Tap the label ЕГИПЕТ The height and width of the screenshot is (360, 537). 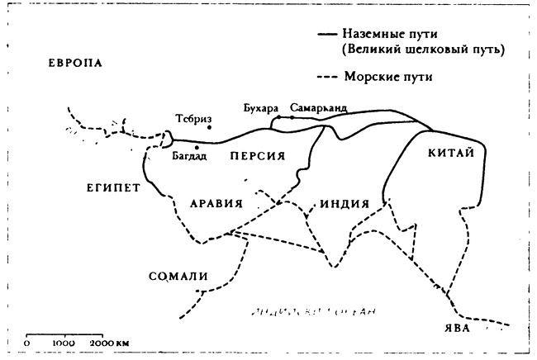(109, 187)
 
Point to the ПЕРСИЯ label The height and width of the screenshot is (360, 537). (257, 155)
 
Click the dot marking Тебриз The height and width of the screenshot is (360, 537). (209, 127)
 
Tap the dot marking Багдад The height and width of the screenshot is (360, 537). (197, 147)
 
